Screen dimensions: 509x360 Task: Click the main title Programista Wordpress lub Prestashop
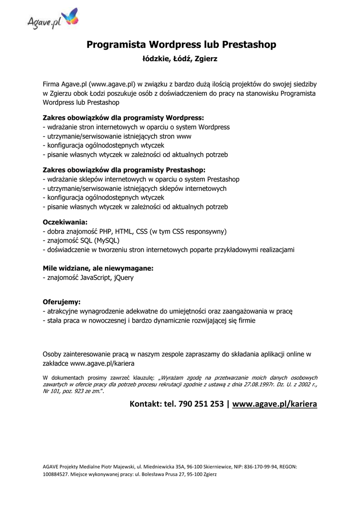pos(181,45)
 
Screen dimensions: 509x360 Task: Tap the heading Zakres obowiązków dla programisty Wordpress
pos(123,118)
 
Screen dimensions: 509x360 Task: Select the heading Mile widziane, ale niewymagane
pos(98,268)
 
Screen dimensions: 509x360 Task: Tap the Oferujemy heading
pos(62,302)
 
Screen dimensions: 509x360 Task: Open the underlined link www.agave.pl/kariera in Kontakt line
pos(274,404)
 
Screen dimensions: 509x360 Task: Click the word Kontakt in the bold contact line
pos(145,404)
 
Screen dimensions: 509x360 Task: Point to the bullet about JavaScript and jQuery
pos(89,278)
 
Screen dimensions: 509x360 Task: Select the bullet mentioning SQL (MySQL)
pos(86,241)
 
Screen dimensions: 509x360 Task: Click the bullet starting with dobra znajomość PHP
pos(135,231)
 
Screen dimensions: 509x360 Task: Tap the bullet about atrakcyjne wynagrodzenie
pos(168,311)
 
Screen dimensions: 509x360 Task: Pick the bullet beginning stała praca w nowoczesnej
pos(149,321)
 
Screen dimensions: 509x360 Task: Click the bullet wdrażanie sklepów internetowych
pos(141,179)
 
